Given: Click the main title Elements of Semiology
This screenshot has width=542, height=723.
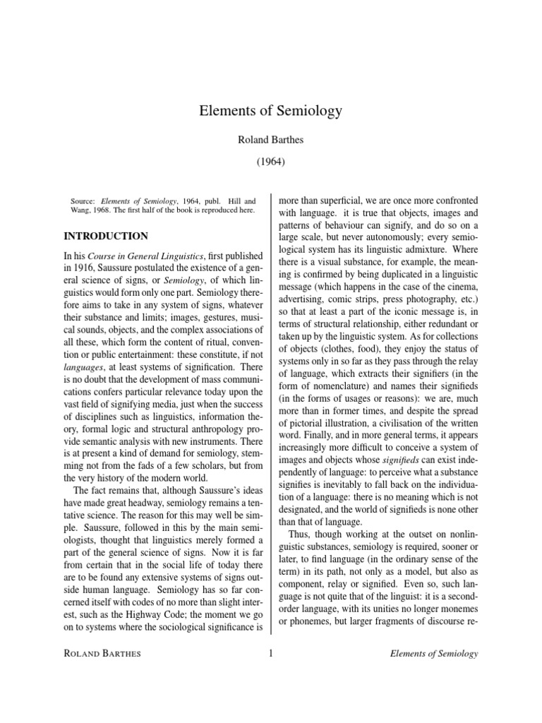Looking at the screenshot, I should pos(271,111).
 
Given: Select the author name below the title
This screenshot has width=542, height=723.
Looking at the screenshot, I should pos(271,141).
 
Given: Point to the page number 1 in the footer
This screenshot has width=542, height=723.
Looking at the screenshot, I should pos(271,654).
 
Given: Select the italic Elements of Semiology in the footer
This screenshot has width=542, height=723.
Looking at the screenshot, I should pos(434,654).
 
